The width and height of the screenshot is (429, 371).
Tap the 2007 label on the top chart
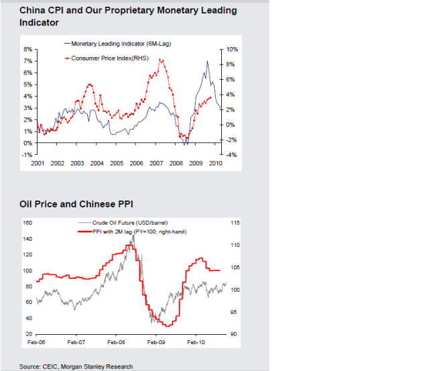click(156, 163)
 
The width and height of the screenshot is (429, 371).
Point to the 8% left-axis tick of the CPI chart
click(28, 50)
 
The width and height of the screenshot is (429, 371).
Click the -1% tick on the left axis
click(28, 155)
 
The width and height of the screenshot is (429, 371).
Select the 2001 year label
click(38, 163)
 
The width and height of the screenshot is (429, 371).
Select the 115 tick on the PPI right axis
click(234, 223)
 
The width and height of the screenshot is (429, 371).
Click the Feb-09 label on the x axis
click(156, 342)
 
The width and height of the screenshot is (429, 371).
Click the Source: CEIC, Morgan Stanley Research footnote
click(76, 366)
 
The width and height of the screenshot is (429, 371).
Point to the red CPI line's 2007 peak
click(160, 60)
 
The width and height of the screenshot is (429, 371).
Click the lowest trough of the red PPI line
click(167, 326)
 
